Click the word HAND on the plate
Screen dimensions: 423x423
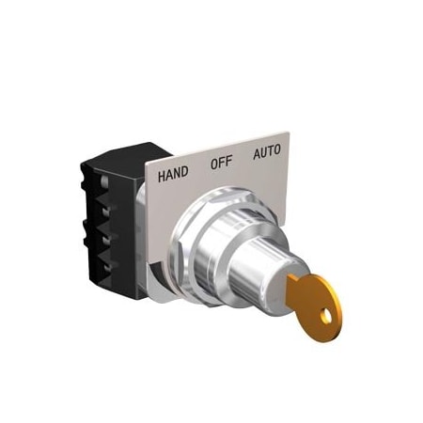[173, 173]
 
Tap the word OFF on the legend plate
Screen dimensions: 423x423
[221, 162]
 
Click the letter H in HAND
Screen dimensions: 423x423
[162, 175]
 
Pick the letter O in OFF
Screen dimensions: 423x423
[213, 164]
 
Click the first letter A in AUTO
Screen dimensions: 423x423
[256, 154]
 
